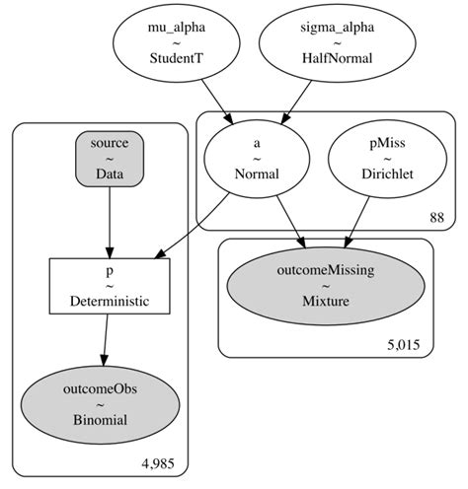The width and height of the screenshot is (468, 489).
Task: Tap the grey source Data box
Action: click(110, 157)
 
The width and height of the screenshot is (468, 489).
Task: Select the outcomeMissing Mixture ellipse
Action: click(327, 280)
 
